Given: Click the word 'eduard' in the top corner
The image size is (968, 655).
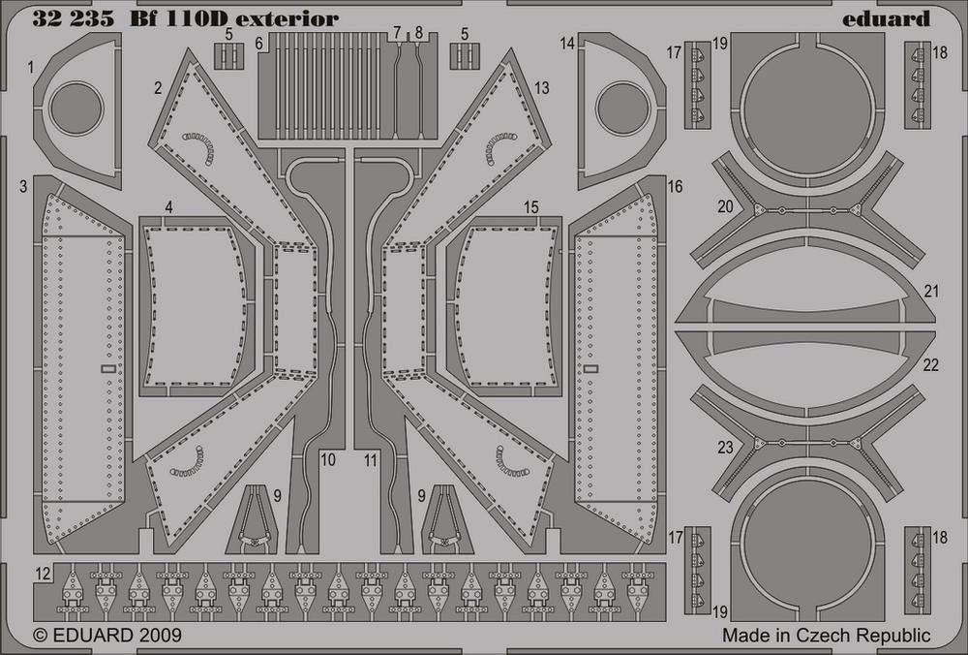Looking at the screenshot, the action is click(x=886, y=18).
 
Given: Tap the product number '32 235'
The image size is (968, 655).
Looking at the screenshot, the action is click(x=73, y=19).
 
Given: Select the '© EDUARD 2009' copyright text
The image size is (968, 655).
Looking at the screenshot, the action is click(x=106, y=636).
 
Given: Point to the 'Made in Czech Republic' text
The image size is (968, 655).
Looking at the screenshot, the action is click(x=826, y=636).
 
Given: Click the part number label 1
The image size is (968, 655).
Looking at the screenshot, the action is click(x=31, y=68).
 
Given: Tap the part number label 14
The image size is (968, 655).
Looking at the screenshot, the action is click(x=567, y=44).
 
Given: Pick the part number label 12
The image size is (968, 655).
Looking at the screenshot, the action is click(x=42, y=574).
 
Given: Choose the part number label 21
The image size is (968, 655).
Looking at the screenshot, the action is click(x=931, y=291).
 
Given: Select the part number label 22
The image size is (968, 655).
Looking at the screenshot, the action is click(x=931, y=364).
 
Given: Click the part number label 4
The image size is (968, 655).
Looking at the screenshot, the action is click(x=168, y=207).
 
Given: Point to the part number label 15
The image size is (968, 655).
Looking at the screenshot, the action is click(x=530, y=207).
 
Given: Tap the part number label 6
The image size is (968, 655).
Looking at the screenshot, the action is click(x=258, y=44).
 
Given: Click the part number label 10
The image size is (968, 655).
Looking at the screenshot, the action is click(x=328, y=459).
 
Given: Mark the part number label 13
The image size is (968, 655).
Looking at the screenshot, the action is click(x=541, y=88).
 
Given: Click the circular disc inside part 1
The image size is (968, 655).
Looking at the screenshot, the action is click(x=76, y=109).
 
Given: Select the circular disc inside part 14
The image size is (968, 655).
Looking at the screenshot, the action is click(x=622, y=109).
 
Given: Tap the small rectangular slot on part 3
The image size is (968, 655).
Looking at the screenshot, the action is click(x=108, y=369).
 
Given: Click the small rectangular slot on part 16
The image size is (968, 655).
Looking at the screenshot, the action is click(x=590, y=369).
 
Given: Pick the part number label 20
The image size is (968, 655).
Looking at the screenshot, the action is click(x=725, y=205).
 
